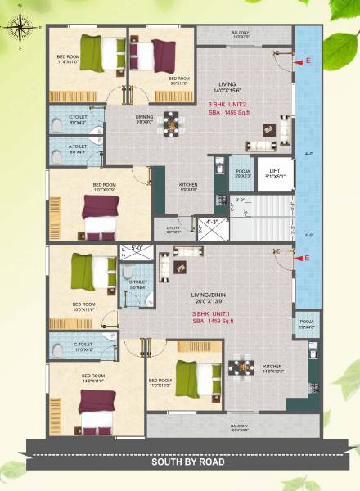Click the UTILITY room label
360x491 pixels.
tap(173, 229)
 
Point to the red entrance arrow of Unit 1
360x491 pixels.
tap(308, 259)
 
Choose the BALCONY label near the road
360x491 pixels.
tap(239, 427)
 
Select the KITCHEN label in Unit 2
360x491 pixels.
tap(188, 186)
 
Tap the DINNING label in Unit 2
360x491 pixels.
tap(144, 119)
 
